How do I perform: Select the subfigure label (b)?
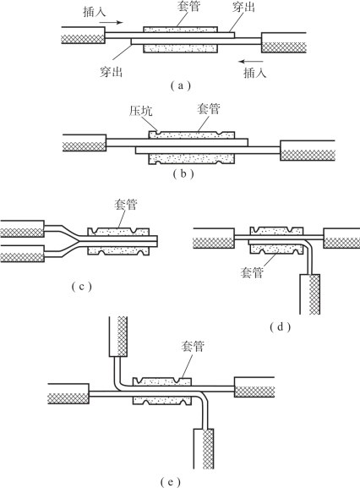(x=183, y=173)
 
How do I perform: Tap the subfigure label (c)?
(x=82, y=287)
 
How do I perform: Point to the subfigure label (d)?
(x=280, y=326)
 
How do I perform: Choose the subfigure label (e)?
(x=171, y=482)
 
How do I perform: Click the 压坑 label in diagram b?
(x=141, y=111)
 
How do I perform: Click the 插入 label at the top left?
(x=95, y=12)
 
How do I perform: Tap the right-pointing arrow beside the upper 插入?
(x=112, y=22)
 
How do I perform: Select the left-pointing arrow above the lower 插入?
(x=251, y=61)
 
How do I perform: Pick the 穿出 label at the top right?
(x=243, y=7)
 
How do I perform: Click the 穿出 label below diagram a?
(x=112, y=72)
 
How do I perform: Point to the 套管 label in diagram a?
(x=188, y=6)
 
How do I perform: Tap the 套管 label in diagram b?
(x=208, y=109)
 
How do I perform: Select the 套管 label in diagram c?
(x=126, y=205)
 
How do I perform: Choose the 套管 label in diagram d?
(x=252, y=272)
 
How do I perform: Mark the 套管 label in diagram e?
(x=193, y=346)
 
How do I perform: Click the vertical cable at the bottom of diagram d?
(x=309, y=294)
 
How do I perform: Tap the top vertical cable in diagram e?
(x=118, y=337)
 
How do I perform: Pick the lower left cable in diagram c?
(x=22, y=254)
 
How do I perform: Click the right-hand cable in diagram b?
(x=308, y=151)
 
